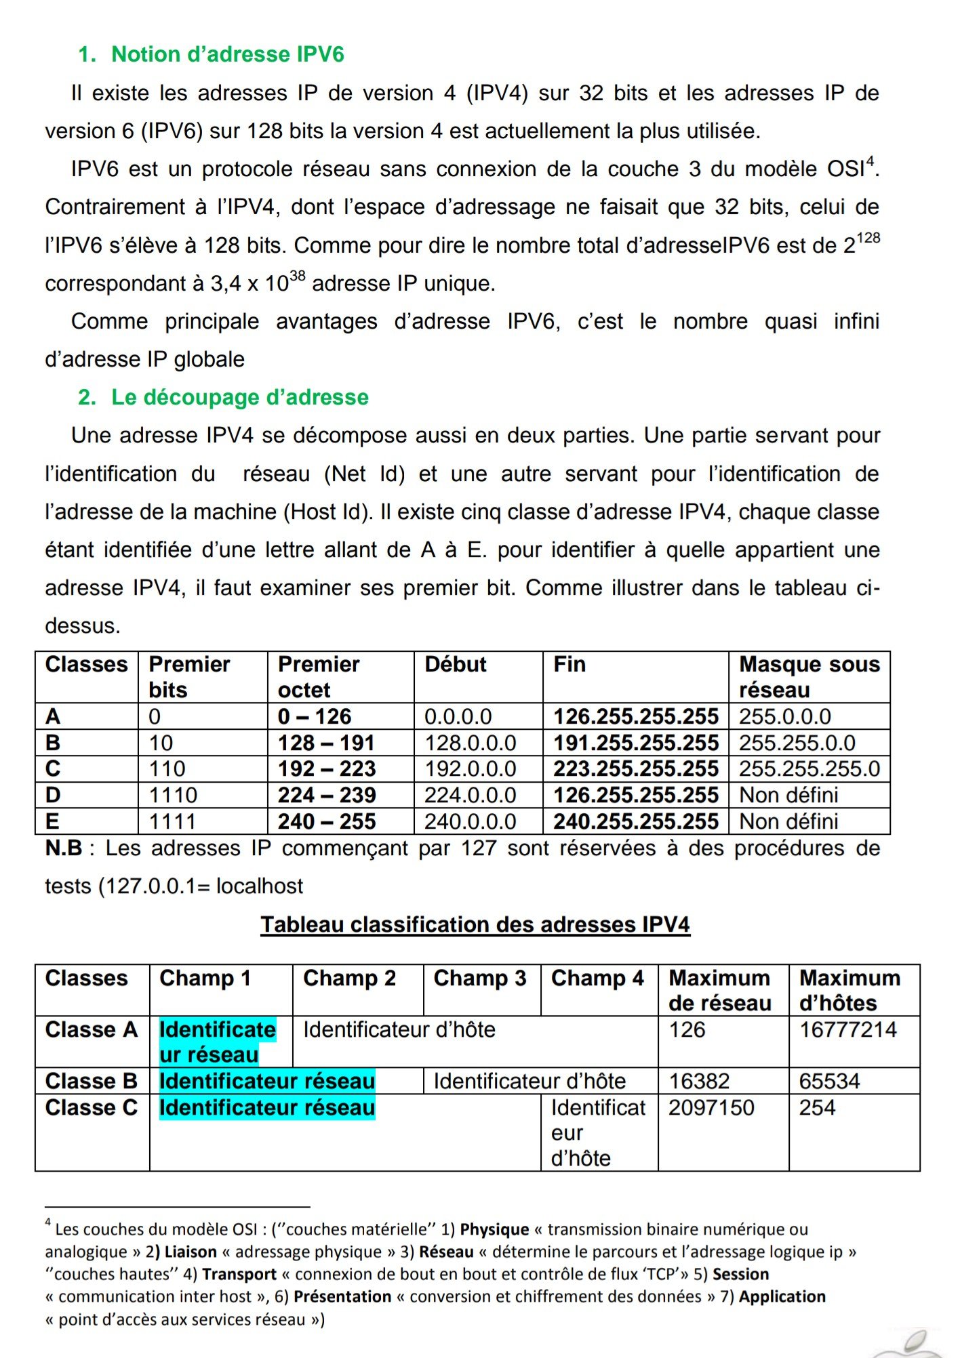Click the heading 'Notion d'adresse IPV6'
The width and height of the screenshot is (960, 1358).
(x=228, y=54)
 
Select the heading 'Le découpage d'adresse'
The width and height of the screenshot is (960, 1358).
(x=240, y=397)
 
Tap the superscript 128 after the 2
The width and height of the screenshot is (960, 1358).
(x=868, y=239)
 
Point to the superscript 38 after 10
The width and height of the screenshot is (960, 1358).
(x=297, y=276)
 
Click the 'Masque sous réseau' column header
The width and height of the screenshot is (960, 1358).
(x=809, y=676)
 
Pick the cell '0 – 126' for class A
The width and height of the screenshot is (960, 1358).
(x=315, y=716)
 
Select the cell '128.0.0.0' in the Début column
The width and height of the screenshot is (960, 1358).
(x=471, y=743)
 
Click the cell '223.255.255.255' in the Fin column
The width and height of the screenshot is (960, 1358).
(x=635, y=768)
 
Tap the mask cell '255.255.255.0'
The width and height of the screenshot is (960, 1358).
(x=809, y=768)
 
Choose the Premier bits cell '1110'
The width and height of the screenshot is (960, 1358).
(x=173, y=795)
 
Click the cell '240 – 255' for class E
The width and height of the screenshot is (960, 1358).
(x=327, y=821)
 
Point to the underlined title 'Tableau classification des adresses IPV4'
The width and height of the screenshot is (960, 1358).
(x=475, y=924)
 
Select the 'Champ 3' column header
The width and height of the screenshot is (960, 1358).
(x=480, y=978)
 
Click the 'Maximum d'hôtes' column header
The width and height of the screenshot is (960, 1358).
(x=849, y=990)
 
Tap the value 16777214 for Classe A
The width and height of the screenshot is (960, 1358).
(x=847, y=1029)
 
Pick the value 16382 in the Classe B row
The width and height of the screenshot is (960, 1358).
(x=699, y=1081)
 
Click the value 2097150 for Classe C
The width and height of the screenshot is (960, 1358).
(x=711, y=1107)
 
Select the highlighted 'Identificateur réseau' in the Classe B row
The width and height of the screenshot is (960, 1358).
(x=267, y=1081)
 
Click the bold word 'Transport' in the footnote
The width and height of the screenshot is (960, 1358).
(x=239, y=1274)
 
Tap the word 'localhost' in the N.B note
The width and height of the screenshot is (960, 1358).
(x=260, y=886)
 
